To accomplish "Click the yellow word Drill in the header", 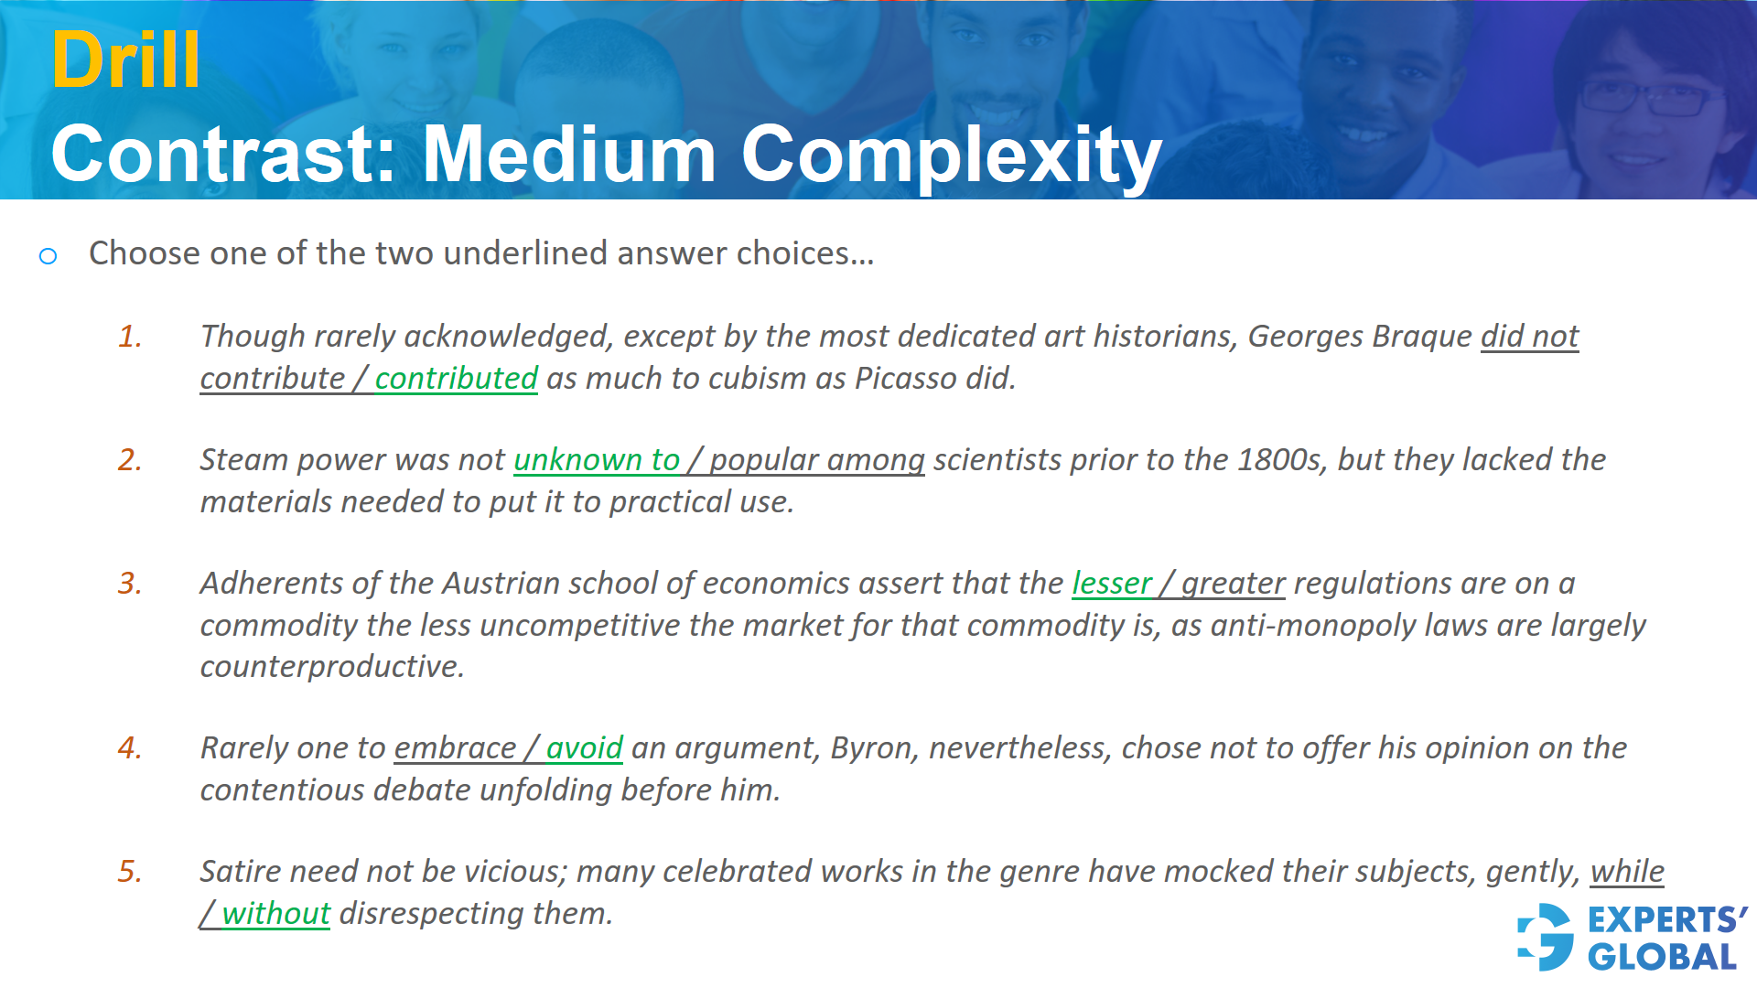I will click(x=125, y=60).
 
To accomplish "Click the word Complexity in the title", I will click(x=951, y=155).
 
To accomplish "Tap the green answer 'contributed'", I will click(x=456, y=378).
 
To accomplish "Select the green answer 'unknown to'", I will click(x=597, y=459).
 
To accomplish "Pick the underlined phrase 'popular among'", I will click(x=816, y=459).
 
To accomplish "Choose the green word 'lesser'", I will click(x=1112, y=583).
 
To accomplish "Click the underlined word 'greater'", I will click(x=1233, y=583).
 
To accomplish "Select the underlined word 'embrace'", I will click(x=455, y=747).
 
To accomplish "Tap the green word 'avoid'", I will click(x=584, y=747).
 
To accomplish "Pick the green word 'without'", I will click(x=275, y=913).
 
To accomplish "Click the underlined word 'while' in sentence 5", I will click(x=1626, y=871).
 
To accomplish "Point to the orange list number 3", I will click(x=130, y=583).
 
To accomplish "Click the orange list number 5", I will click(x=130, y=871).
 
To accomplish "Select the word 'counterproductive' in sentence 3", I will click(x=331, y=666).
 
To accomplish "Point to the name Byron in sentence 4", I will click(x=868, y=747).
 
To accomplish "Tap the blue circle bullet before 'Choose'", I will click(x=49, y=256).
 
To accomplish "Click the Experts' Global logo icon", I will click(x=1546, y=937).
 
